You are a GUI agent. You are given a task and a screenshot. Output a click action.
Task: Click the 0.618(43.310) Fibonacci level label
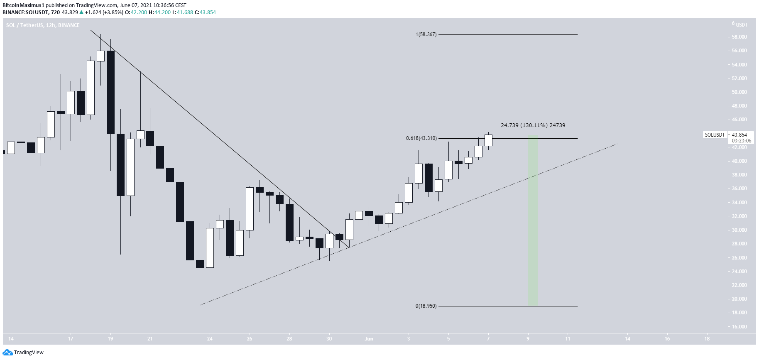pyautogui.click(x=421, y=138)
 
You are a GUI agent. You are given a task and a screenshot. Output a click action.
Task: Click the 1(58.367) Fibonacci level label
pyautogui.click(x=426, y=34)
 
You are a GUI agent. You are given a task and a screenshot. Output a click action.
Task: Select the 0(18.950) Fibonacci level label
pyautogui.click(x=426, y=306)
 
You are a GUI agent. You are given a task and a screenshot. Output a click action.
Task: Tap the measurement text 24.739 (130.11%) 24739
pyautogui.click(x=533, y=125)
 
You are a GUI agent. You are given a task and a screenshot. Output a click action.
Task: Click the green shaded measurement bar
pyautogui.click(x=533, y=220)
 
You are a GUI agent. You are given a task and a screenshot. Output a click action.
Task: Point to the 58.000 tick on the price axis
pyautogui.click(x=739, y=37)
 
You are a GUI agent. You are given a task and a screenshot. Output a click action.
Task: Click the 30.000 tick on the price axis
pyautogui.click(x=739, y=230)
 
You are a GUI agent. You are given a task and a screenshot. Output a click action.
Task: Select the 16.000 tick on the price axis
pyautogui.click(x=739, y=327)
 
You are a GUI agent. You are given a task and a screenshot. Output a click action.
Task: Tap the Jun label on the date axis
pyautogui.click(x=369, y=339)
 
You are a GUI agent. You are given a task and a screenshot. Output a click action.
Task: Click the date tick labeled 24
pyautogui.click(x=210, y=339)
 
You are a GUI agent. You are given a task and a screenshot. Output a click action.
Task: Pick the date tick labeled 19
pyautogui.click(x=110, y=339)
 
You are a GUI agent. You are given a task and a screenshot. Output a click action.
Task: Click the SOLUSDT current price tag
pyautogui.click(x=715, y=135)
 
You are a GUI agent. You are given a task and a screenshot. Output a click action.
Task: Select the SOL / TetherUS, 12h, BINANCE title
pyautogui.click(x=43, y=25)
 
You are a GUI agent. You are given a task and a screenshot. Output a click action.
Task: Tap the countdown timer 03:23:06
pyautogui.click(x=741, y=141)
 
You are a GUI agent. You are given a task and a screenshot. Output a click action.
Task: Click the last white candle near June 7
pyautogui.click(x=488, y=140)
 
